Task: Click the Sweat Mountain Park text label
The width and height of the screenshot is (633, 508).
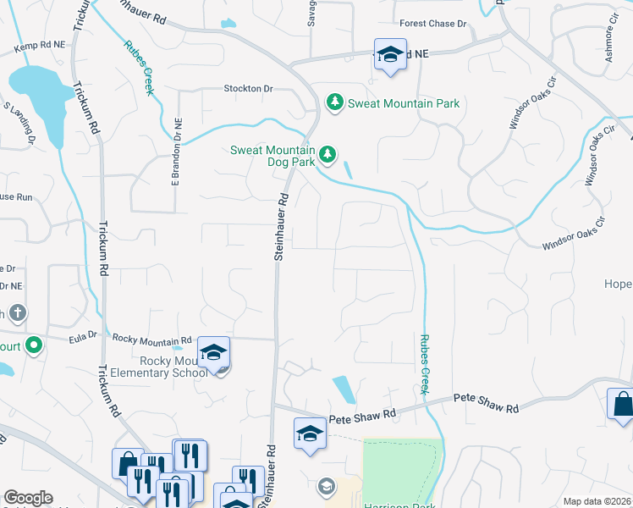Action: [405, 103]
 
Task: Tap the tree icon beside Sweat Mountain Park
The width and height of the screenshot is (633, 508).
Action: [335, 102]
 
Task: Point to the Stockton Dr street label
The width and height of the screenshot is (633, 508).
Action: [248, 88]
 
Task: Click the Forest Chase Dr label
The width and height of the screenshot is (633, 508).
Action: [433, 24]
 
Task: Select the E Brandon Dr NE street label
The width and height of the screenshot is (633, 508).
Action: [178, 152]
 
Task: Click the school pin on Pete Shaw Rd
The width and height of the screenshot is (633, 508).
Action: [310, 434]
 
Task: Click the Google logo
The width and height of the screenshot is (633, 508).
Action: [27, 498]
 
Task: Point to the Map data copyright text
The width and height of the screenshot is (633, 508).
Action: [597, 501]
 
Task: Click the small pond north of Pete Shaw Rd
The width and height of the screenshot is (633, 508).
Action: [344, 389]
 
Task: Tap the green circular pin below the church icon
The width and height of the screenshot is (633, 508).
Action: [33, 345]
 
